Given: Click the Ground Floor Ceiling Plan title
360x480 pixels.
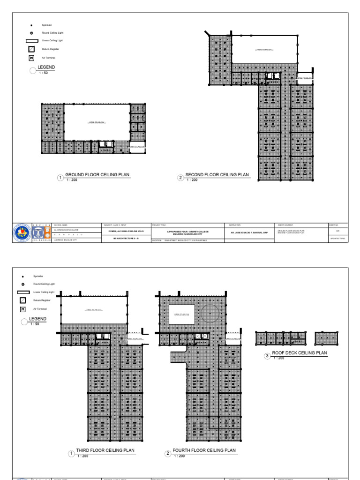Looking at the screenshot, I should point(97,174).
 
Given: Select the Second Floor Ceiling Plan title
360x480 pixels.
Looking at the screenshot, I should point(217,174).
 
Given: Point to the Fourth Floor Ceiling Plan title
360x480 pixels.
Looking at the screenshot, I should point(204,450).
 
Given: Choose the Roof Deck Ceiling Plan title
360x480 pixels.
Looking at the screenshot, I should point(299,352).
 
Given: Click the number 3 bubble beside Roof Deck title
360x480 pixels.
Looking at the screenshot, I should point(268,356).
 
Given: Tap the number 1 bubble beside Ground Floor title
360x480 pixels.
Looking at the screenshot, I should point(60,178).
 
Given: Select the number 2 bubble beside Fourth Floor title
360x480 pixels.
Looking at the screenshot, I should point(167,454).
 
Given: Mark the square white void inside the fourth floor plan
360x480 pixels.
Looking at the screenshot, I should point(182,314).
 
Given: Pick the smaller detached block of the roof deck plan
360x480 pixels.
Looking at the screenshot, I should point(326,338).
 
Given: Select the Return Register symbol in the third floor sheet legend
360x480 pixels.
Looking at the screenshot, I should point(22,300).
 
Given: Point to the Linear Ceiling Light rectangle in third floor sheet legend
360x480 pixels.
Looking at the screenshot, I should point(23,292).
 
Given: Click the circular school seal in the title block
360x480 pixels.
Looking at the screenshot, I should point(21,232).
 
